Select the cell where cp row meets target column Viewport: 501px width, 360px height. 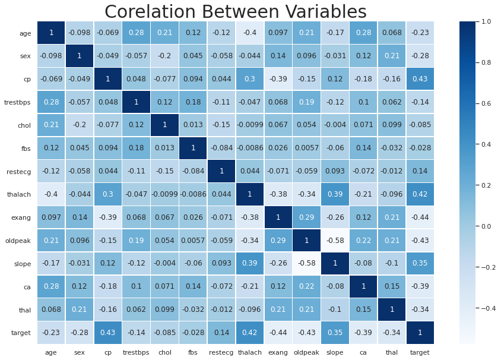pos(420,79)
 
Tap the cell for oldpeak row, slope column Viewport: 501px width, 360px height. pos(335,241)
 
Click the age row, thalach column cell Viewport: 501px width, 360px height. pos(250,33)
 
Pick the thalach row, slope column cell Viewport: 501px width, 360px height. pos(335,194)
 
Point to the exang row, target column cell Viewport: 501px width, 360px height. pos(420,217)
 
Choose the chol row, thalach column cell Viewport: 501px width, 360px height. pos(250,125)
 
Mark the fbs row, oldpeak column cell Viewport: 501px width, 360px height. pos(306,148)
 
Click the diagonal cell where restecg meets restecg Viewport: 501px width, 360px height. pos(221,171)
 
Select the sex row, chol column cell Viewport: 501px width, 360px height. pos(164,56)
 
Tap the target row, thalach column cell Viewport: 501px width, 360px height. pos(250,333)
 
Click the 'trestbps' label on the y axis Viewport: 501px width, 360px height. pos(18,102)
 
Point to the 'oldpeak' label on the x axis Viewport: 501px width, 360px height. pos(306,352)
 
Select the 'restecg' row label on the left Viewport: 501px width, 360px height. pos(19,171)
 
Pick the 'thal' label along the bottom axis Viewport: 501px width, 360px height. pos(391,352)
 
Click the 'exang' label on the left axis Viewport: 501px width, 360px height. pos(21,217)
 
